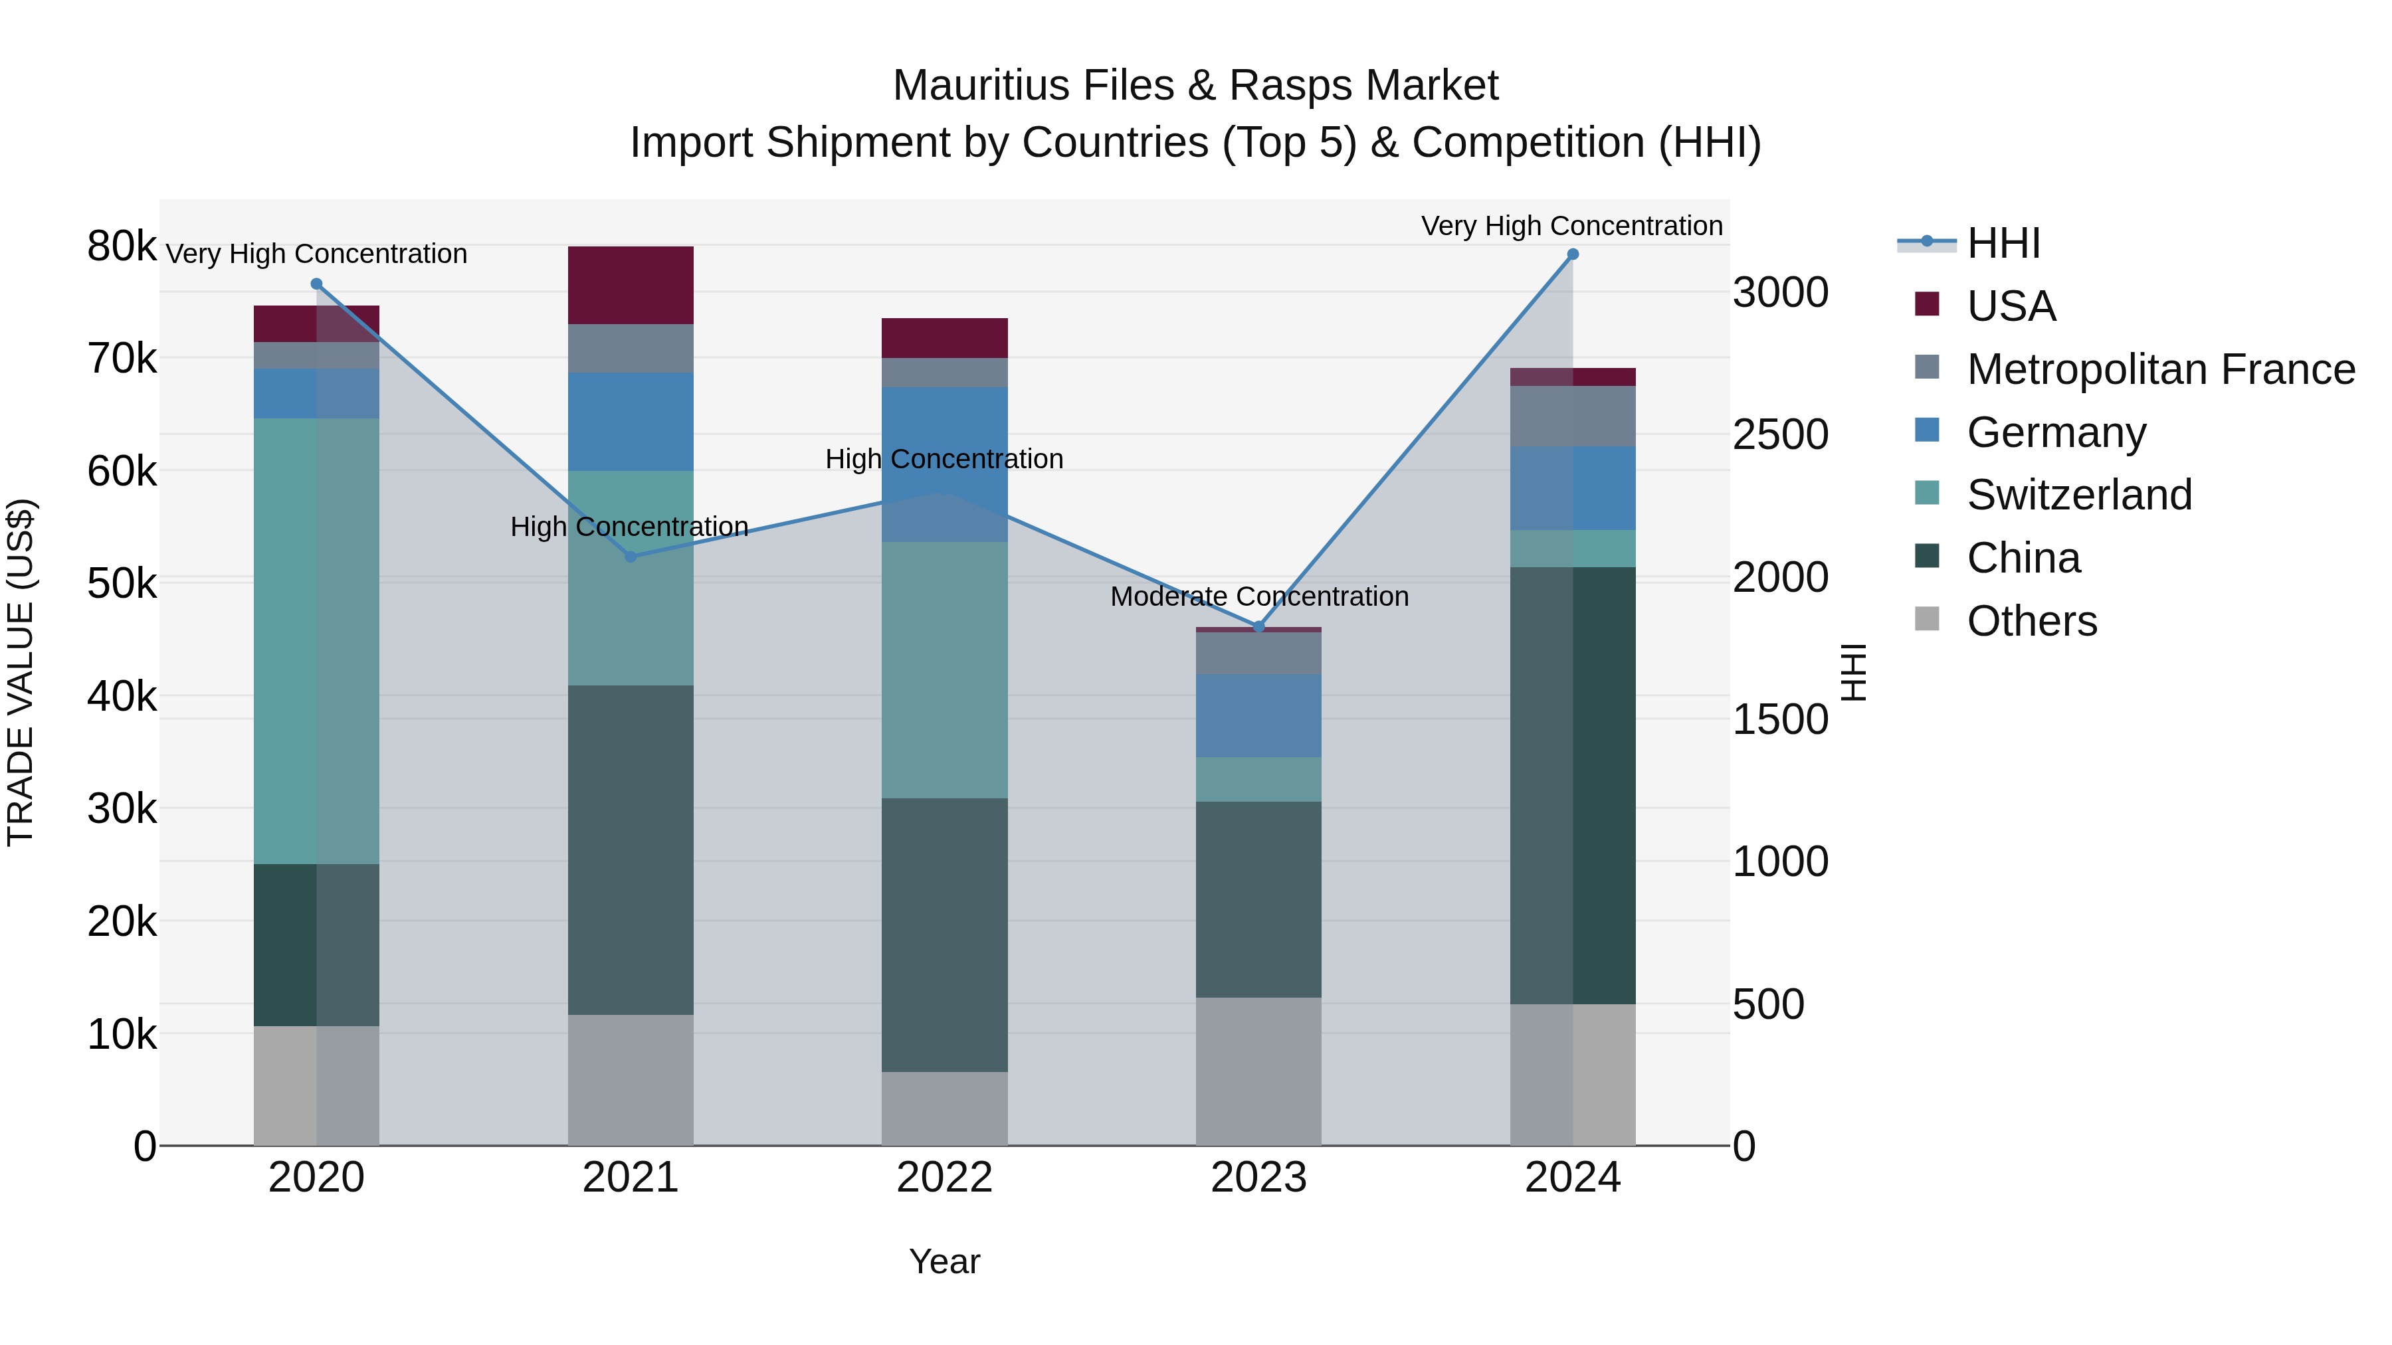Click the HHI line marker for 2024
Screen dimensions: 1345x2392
tap(1572, 254)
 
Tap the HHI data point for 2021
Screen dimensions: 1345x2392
tap(631, 557)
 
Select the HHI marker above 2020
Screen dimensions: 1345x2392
tap(317, 284)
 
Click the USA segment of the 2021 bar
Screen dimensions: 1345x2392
tap(631, 285)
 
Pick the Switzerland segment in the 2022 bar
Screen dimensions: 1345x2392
tap(944, 670)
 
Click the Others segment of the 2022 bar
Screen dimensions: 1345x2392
tap(944, 1109)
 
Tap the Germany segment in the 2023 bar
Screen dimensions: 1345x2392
tap(1258, 715)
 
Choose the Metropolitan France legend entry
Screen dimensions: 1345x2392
tap(2160, 369)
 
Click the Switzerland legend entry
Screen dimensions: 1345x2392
tap(2079, 495)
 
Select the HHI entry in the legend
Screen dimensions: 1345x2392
tap(2003, 243)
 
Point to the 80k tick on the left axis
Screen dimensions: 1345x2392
tap(122, 247)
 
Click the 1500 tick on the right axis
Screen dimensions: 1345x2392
tap(1780, 719)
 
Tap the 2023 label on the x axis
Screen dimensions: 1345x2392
tap(1258, 1178)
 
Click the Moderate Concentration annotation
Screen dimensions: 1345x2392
tap(1259, 597)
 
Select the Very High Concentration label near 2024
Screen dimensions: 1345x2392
tap(1571, 226)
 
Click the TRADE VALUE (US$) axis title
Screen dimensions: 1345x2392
tap(21, 672)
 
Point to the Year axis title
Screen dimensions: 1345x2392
tap(944, 1261)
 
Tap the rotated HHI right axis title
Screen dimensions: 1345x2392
tap(1853, 672)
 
